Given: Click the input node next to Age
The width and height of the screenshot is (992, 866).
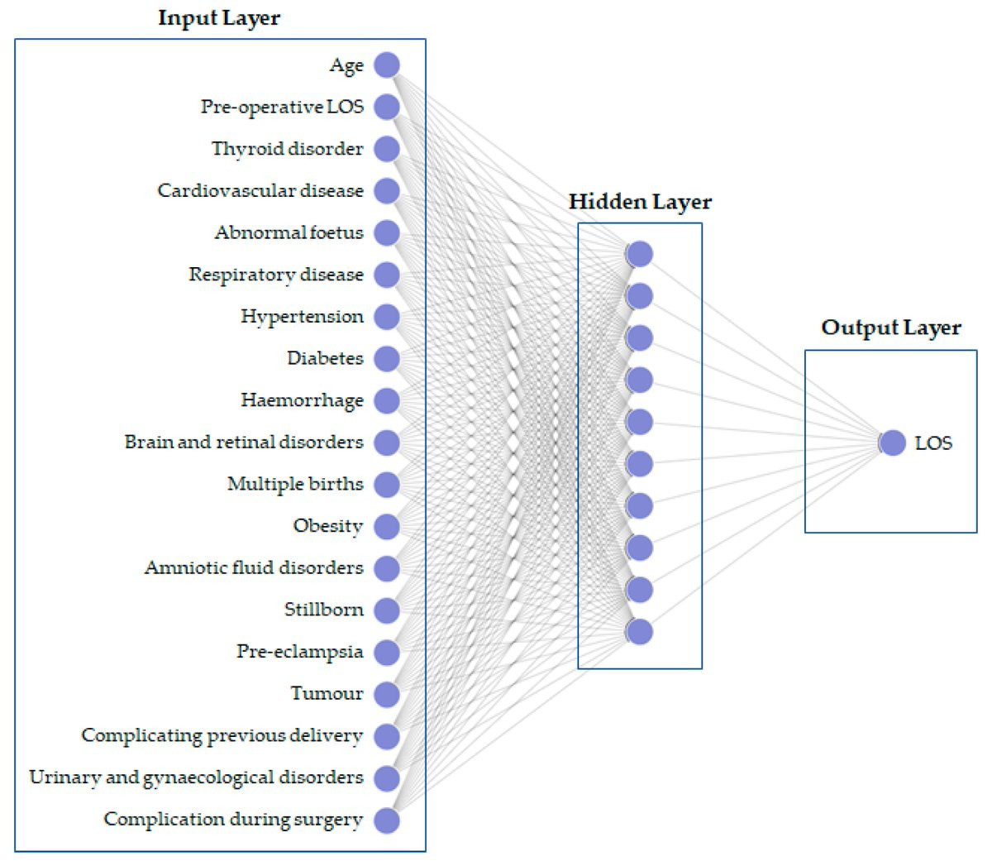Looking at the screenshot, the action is [386, 65].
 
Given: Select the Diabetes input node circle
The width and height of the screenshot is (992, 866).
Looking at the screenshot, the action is [386, 358].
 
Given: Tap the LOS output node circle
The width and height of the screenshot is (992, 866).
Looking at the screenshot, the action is [893, 443].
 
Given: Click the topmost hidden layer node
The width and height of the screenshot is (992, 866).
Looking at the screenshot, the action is [640, 254].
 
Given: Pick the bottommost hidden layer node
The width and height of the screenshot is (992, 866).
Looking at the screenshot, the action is [640, 632].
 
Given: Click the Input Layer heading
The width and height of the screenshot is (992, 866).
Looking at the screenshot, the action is [219, 18].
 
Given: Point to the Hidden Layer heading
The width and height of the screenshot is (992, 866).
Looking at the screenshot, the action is [640, 202].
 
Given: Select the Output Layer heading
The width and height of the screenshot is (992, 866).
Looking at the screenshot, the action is [891, 328].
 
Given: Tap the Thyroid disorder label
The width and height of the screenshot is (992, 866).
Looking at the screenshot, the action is [288, 148].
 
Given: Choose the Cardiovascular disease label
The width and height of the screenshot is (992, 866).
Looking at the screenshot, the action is [260, 190].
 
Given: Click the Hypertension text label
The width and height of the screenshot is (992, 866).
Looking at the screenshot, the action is [302, 317].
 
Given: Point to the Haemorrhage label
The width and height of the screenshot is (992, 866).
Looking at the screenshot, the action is [302, 400].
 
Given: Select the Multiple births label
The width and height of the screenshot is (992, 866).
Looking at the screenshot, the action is [295, 484].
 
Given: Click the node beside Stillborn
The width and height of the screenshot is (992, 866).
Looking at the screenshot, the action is [386, 610].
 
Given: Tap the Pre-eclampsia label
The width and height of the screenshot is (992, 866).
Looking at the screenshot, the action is [299, 652].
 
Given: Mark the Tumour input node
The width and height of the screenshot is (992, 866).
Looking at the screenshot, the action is [386, 694].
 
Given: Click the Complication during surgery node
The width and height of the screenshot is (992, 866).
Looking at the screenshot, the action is [386, 821].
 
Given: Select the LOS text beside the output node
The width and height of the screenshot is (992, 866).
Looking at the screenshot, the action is [933, 443].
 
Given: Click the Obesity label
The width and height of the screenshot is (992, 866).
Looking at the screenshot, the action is [328, 526].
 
